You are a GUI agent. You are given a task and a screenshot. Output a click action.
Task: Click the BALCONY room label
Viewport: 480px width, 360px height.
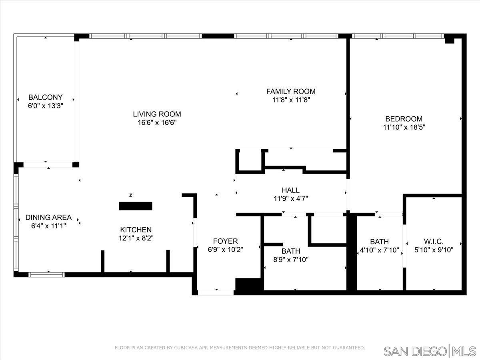46,97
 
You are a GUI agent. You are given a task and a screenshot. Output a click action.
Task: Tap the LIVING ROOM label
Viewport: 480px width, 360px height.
157,114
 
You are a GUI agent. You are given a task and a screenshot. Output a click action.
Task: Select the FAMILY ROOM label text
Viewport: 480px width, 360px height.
291,91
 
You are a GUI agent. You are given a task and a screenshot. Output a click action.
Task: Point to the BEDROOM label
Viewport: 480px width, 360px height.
404,119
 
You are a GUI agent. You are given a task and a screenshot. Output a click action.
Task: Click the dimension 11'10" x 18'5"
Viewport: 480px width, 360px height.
404,127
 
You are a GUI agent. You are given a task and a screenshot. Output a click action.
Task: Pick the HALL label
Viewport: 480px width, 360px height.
291,190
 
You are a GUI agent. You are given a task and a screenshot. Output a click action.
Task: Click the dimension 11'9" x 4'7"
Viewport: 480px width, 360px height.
291,198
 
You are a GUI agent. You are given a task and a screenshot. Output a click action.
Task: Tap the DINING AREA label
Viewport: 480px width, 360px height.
48,218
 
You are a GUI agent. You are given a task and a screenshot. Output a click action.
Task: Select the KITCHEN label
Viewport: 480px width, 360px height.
136,230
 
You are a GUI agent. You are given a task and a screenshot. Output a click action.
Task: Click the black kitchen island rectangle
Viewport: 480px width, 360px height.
136,206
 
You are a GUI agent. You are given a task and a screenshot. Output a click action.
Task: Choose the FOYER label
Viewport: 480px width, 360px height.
226,241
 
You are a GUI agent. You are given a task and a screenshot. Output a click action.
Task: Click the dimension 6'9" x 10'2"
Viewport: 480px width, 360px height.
226,249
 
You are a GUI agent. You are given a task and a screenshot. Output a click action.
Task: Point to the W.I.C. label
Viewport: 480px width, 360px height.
434,242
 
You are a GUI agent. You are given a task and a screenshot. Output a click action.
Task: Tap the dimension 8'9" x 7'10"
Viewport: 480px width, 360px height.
291,260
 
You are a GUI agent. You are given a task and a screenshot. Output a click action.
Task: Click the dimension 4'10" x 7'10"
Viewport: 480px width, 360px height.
380,250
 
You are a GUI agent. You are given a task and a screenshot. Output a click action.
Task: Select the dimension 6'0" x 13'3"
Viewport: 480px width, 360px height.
46,106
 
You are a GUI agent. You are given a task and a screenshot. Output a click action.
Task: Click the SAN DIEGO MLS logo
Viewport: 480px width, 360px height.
430,352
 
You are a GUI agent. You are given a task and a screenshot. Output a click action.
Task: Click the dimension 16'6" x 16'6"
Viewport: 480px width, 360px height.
157,123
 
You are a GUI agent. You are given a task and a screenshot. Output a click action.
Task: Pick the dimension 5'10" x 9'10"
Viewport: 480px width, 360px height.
434,250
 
